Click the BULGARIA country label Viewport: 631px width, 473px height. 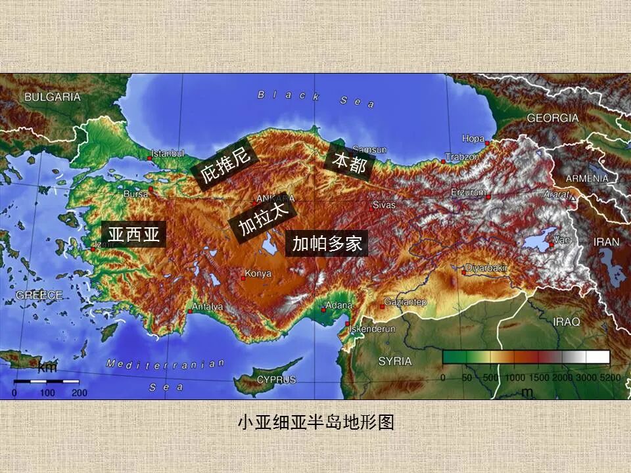53,97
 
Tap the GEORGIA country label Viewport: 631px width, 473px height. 552,118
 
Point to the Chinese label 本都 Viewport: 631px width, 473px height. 349,161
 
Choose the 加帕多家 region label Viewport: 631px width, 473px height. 327,244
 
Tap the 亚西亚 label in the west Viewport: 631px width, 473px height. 134,235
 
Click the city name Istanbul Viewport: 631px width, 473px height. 168,153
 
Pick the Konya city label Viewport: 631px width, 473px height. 258,273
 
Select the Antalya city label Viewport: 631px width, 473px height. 207,307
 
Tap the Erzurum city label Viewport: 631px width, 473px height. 469,192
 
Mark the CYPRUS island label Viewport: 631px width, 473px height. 276,379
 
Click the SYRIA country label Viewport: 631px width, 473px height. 394,361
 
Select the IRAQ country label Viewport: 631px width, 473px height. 567,322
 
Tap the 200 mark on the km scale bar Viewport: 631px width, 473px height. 80,393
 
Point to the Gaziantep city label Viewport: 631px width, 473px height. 406,302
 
